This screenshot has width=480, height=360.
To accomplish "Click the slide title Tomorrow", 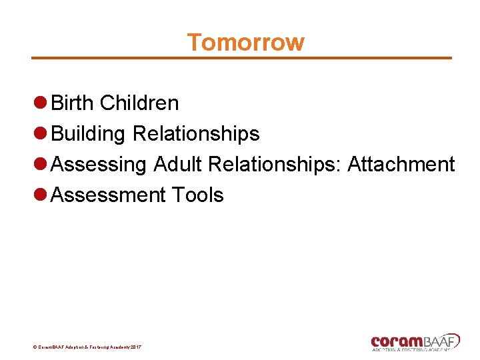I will (x=245, y=42).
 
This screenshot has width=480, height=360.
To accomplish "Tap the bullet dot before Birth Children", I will (x=40, y=103).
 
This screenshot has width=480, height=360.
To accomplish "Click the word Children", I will (x=139, y=103).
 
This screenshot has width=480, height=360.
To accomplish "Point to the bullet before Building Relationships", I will (x=40, y=133).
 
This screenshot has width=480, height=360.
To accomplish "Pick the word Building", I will (x=89, y=134).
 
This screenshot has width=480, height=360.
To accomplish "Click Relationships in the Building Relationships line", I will (x=196, y=134).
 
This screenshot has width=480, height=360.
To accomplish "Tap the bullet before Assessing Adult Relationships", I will (x=40, y=164).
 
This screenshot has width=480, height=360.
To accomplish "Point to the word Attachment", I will (x=401, y=164).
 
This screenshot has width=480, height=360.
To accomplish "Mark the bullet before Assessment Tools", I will (x=40, y=195).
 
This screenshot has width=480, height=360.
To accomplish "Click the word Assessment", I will (x=108, y=195).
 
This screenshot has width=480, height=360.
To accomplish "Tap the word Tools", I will (x=197, y=195).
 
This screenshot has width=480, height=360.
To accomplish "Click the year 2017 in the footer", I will (x=135, y=347).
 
